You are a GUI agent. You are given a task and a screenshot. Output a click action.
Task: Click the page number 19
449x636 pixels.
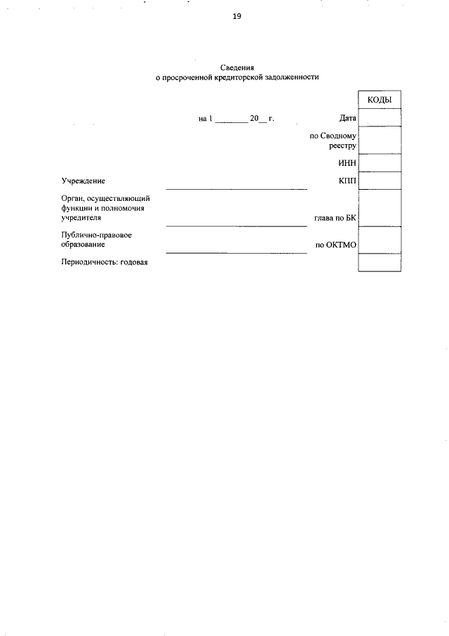pos(236,17)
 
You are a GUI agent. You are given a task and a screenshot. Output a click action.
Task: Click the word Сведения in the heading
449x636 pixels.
pos(236,67)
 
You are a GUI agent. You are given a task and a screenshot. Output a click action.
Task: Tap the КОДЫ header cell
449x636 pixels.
pos(380,100)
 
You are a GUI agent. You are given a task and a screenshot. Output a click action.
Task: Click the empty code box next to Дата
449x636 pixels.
pos(380,117)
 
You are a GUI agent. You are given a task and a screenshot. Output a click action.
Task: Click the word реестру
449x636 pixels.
pos(343,146)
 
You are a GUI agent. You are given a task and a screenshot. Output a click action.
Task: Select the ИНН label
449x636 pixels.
pos(347,164)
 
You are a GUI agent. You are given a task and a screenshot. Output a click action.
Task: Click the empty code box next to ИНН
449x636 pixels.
pos(380,164)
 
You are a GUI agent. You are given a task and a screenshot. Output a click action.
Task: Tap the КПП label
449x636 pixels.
pos(347,181)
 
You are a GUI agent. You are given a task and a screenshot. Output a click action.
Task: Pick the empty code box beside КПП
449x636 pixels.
pos(380,181)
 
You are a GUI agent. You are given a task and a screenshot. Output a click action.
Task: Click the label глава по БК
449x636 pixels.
pos(335,218)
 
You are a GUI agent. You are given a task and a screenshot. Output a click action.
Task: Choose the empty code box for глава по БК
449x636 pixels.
pos(380,208)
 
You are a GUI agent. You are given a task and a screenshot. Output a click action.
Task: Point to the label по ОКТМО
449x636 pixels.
pos(336,245)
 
